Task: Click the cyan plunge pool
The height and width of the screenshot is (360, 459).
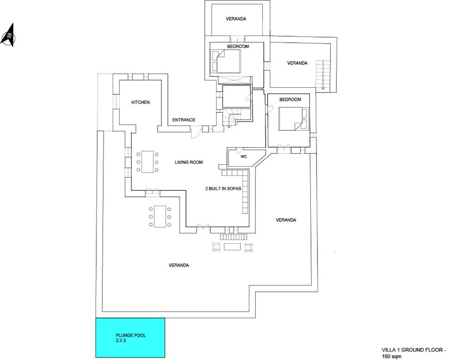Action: click(x=130, y=337)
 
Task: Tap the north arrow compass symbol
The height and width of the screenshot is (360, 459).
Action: click(x=8, y=36)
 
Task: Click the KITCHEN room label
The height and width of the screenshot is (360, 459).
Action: click(x=140, y=102)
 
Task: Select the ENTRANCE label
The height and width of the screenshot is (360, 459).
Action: click(x=183, y=120)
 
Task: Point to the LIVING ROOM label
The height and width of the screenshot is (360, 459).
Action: click(x=189, y=162)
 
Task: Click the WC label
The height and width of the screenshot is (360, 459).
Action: click(x=244, y=156)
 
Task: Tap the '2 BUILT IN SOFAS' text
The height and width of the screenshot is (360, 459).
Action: click(x=223, y=188)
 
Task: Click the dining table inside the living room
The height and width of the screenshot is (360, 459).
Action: click(x=148, y=162)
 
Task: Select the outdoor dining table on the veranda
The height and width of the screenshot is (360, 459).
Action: click(x=160, y=216)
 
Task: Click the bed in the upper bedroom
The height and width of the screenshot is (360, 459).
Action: click(x=226, y=61)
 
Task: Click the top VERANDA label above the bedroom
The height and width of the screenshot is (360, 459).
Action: click(x=236, y=19)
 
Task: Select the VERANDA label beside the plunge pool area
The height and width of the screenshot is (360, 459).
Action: click(x=179, y=265)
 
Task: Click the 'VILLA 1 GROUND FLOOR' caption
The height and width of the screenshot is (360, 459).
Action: click(x=414, y=350)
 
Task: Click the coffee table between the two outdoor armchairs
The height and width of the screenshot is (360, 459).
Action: click(x=232, y=247)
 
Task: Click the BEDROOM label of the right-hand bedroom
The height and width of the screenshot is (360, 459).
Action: click(x=290, y=100)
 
